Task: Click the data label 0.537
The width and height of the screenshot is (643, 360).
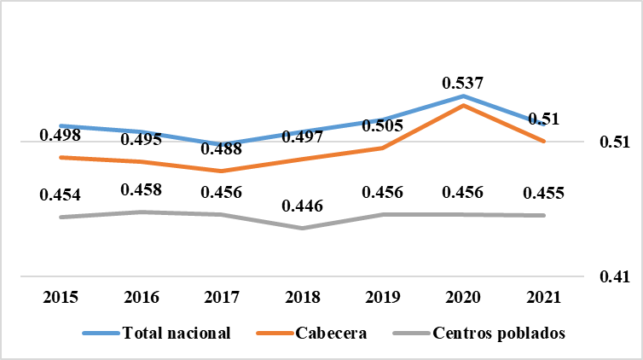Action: click(463, 83)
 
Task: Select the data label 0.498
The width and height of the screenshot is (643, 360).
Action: click(61, 136)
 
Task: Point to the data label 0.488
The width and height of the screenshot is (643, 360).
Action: click(223, 148)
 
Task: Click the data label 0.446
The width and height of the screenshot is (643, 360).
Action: click(302, 206)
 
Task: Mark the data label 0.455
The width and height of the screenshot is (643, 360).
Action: click(543, 192)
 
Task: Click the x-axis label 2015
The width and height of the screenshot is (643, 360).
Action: click(61, 298)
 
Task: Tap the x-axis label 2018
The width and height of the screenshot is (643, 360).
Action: click(302, 298)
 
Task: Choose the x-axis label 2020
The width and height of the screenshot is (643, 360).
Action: click(463, 298)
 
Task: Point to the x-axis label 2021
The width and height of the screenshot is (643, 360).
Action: click(543, 298)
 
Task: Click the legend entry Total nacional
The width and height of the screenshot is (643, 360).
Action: click(176, 333)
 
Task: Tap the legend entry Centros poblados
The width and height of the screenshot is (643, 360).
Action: click(499, 333)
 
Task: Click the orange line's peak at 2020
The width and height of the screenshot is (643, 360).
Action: click(463, 105)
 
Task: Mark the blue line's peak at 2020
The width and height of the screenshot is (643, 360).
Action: click(463, 96)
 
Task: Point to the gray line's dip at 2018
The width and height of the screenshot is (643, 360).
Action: click(302, 228)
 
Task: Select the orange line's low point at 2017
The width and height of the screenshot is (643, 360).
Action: click(222, 171)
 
